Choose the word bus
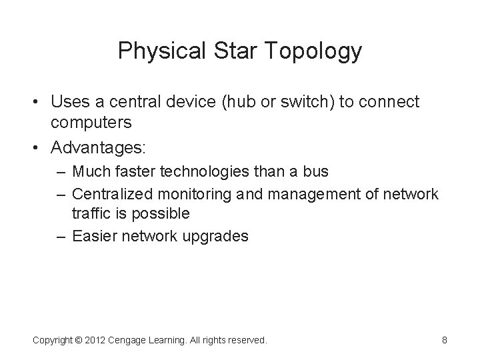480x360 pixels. [x=315, y=172]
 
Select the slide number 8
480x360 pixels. [x=445, y=340]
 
